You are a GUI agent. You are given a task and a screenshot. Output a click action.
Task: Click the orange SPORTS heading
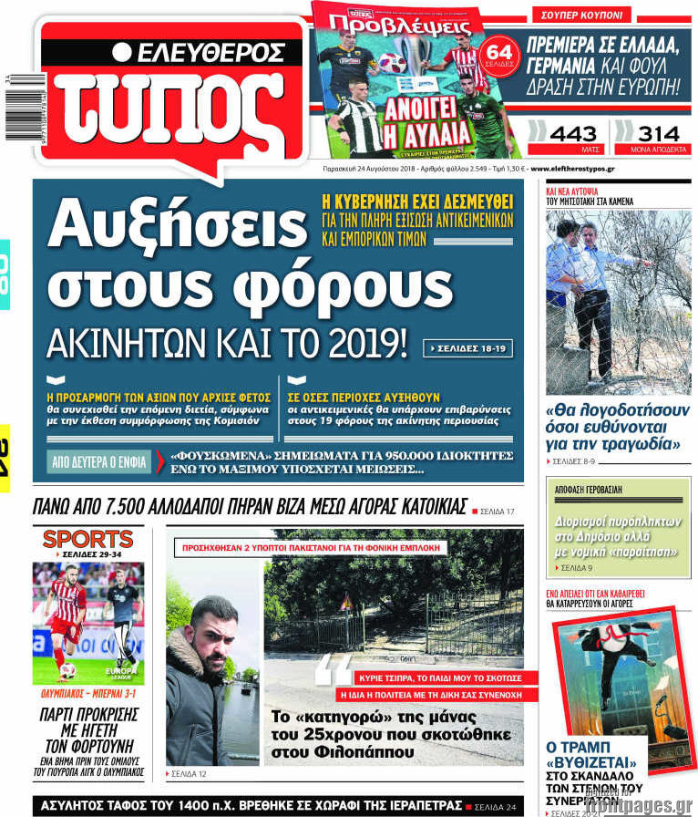[88, 539]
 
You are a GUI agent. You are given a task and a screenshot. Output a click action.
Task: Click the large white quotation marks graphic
[332, 670]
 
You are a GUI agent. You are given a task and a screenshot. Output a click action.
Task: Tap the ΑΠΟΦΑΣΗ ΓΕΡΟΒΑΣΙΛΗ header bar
[589, 490]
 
